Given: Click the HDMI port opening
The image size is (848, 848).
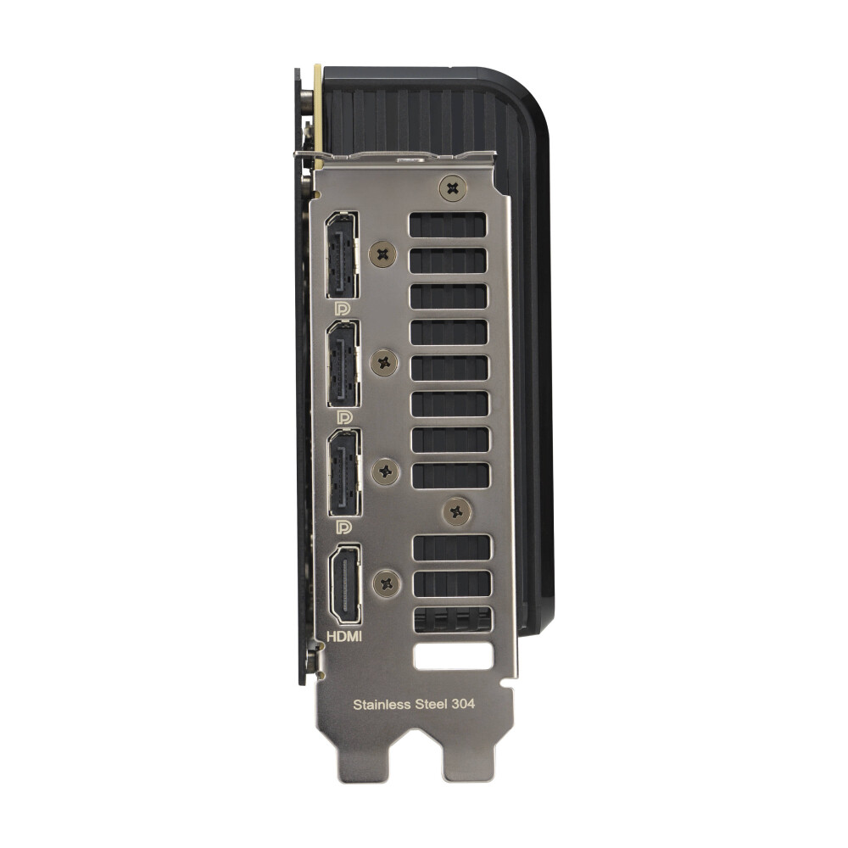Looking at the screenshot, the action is point(345,584).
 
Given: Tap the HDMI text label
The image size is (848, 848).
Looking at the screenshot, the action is point(344,637).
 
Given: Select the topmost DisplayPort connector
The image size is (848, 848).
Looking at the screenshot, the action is point(341,254).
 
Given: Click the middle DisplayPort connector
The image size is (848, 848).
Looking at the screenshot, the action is point(343,364).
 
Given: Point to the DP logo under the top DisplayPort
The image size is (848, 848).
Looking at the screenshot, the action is point(343,309).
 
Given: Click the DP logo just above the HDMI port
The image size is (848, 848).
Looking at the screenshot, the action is point(344,527).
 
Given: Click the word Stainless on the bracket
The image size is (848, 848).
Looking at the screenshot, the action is point(382,704).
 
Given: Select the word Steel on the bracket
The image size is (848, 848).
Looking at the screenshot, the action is point(431,704).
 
